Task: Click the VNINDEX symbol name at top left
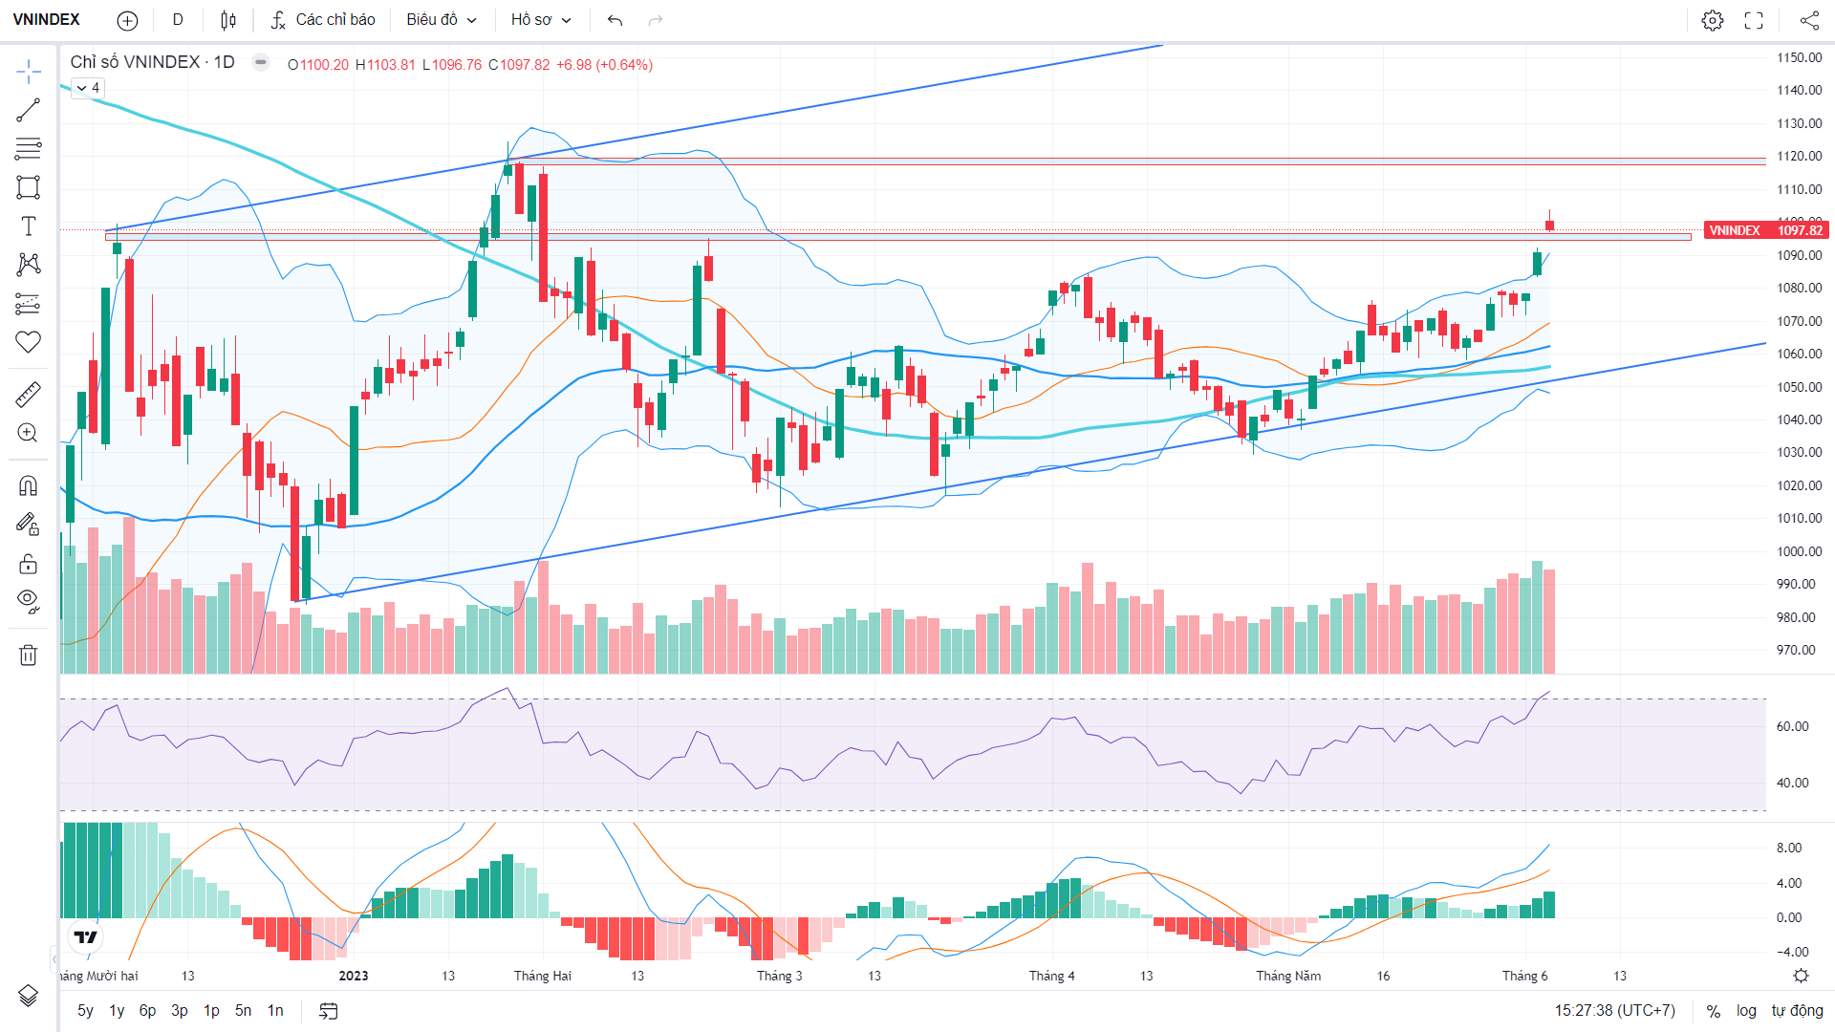tap(46, 20)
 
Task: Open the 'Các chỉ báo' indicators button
tap(323, 20)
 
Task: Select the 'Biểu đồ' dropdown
tap(442, 20)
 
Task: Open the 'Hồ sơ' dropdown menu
tap(541, 20)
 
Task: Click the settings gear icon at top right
tap(1713, 20)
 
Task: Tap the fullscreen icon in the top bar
tap(1754, 20)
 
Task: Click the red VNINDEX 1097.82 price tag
tap(1766, 230)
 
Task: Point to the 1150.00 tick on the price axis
tap(1799, 57)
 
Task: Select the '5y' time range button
tap(85, 1010)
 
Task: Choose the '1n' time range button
tap(275, 1010)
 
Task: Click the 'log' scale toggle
tap(1746, 1010)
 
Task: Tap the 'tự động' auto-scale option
tap(1797, 1010)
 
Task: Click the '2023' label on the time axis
tap(354, 976)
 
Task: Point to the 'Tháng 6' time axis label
tap(1524, 976)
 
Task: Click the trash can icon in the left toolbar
tap(28, 655)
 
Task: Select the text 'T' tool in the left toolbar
tap(29, 226)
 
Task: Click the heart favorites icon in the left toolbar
tap(28, 341)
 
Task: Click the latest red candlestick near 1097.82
tap(1549, 225)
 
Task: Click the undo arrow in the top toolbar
tap(615, 20)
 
